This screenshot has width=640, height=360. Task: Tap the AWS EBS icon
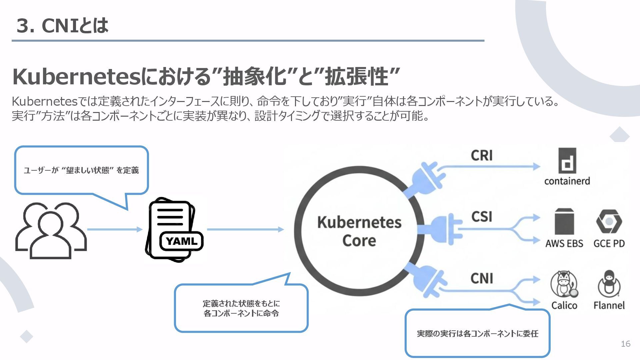point(564,221)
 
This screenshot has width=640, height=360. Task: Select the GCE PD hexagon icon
point(609,221)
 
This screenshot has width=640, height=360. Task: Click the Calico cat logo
point(564,284)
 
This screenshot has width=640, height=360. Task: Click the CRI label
point(482,155)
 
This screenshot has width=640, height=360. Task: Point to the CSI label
point(482,217)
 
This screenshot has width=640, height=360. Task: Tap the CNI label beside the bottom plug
point(482,278)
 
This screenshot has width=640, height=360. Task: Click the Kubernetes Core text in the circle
point(359,231)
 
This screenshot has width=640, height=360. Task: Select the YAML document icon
point(174,229)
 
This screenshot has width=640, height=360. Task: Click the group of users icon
point(51,230)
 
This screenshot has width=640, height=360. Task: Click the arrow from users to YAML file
point(115,229)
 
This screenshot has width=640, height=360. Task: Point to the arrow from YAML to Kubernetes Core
point(245,229)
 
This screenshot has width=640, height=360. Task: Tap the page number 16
point(625,344)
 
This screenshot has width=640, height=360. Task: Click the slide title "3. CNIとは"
point(62,25)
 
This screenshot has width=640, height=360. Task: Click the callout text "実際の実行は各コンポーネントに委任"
point(477,334)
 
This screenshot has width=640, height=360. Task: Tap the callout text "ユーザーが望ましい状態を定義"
point(81,170)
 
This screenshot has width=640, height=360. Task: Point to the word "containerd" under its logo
point(567,181)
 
